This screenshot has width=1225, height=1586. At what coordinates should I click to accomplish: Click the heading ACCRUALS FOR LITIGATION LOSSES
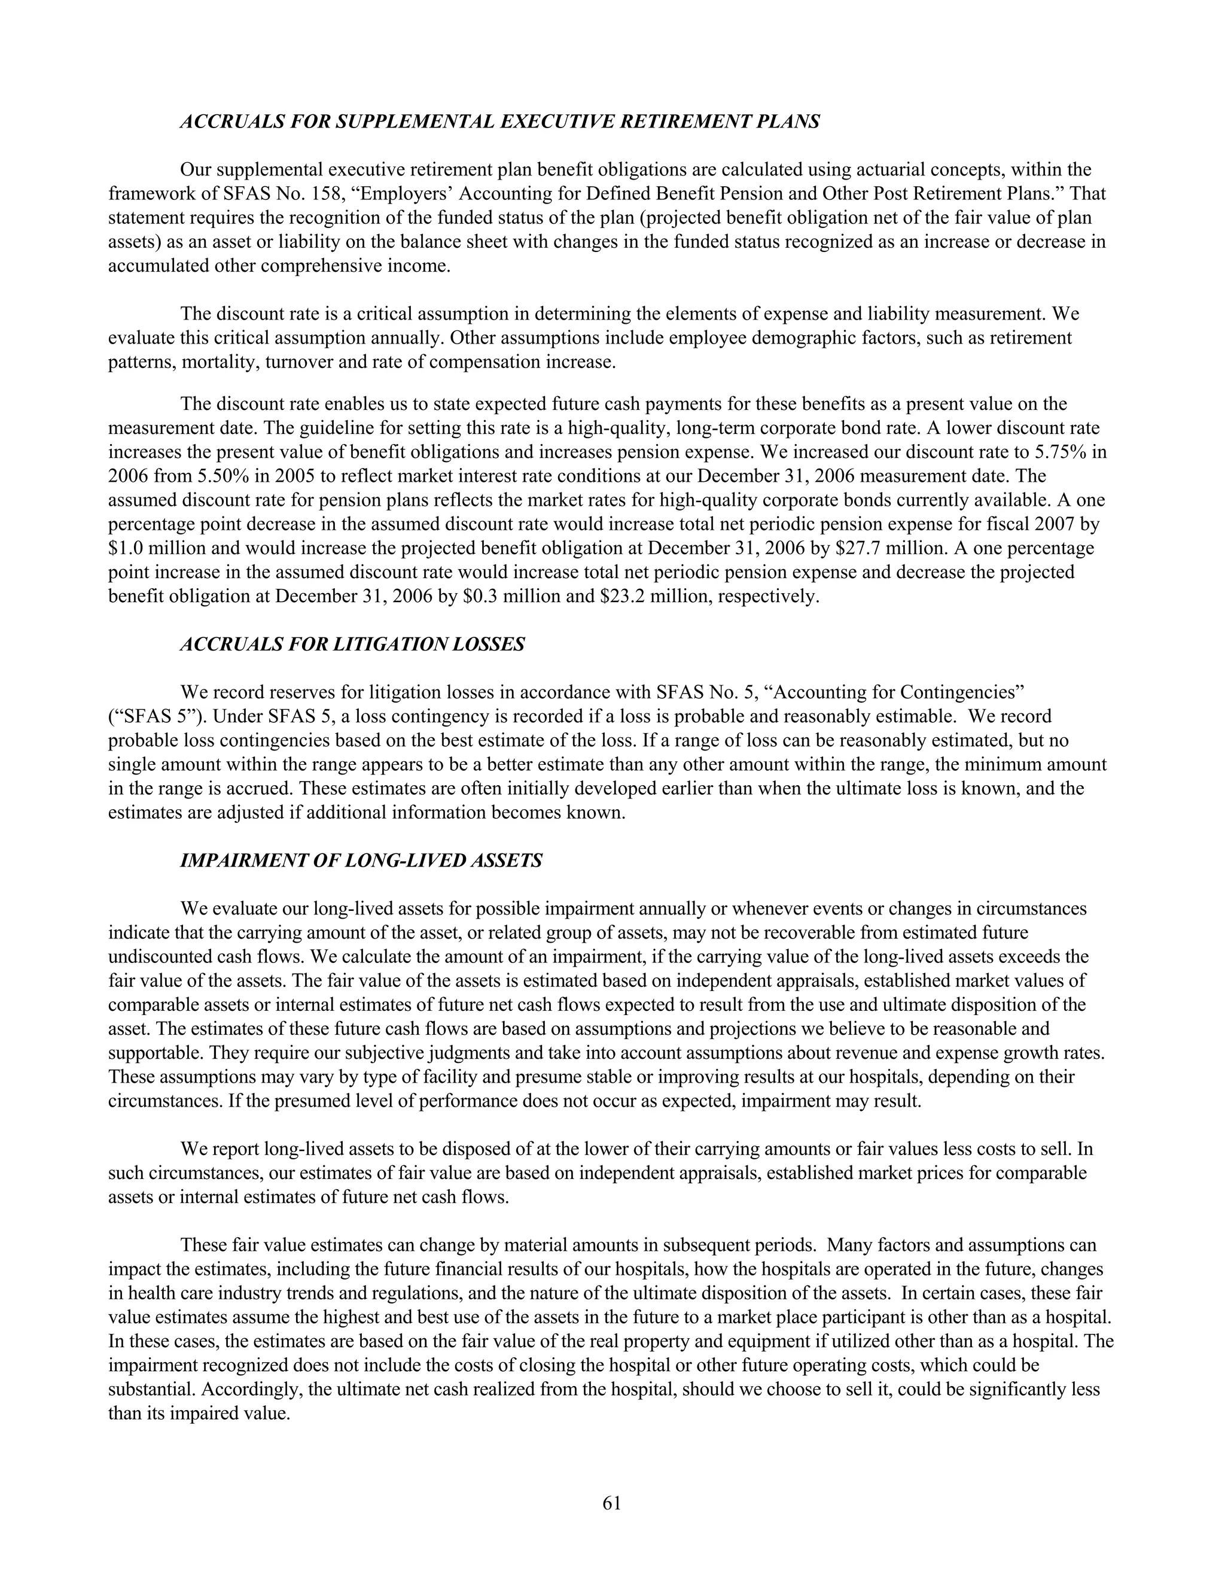352,644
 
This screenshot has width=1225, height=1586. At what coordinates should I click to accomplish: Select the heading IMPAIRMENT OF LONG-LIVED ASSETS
361,861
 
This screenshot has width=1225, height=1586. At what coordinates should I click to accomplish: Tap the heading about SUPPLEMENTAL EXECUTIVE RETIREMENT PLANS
500,121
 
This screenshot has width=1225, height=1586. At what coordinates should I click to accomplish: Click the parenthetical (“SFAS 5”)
153,717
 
